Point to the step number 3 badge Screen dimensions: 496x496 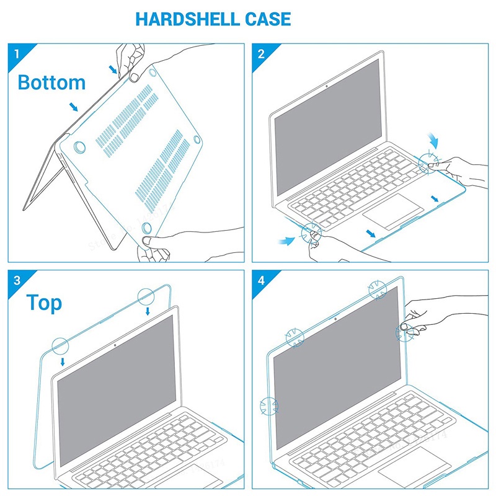tap(16, 280)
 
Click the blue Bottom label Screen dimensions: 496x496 tap(51, 82)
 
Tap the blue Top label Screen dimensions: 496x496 tap(44, 303)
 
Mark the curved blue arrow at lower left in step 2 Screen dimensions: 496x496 tap(286, 238)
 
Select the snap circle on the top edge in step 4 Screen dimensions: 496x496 tap(378, 290)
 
